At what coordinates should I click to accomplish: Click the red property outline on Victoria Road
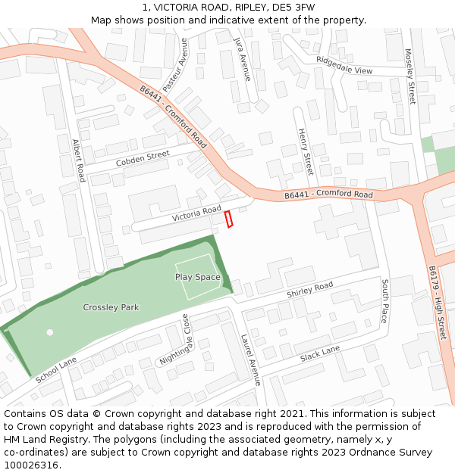(228, 219)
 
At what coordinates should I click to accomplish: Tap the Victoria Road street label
(196, 214)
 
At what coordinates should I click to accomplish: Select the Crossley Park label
(111, 307)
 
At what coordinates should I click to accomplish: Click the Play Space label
(198, 277)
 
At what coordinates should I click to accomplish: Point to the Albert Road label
(78, 160)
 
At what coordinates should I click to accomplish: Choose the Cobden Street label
(143, 159)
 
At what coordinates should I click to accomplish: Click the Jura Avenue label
(242, 58)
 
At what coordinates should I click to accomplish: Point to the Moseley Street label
(410, 76)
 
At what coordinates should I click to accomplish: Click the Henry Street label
(305, 151)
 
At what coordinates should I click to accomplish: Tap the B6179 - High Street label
(438, 302)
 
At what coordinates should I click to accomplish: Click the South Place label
(384, 300)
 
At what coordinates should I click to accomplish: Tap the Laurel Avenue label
(250, 360)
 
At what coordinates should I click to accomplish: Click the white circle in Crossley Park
(50, 332)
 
